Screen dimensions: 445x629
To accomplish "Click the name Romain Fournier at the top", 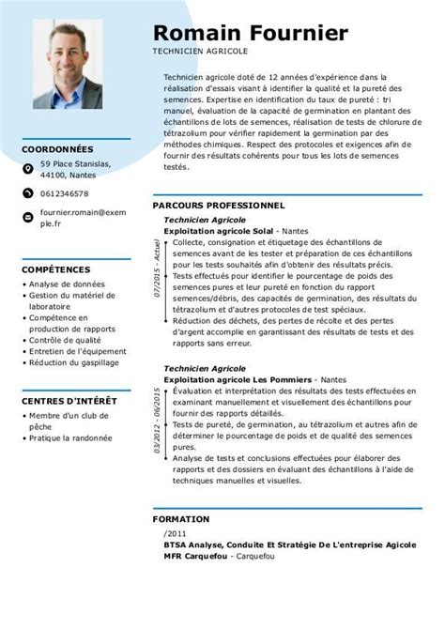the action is (250, 33).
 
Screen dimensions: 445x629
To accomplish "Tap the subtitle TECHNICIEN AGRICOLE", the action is (193, 54).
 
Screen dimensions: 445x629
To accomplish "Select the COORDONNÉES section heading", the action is (58, 148).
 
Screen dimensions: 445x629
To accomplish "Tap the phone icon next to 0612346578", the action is (28, 193).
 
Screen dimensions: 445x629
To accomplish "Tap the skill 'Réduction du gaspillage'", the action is (75, 362).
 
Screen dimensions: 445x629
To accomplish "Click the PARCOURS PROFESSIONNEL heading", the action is (218, 204).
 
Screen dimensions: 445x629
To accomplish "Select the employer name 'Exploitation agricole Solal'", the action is (219, 230).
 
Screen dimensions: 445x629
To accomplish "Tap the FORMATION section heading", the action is (182, 516).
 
